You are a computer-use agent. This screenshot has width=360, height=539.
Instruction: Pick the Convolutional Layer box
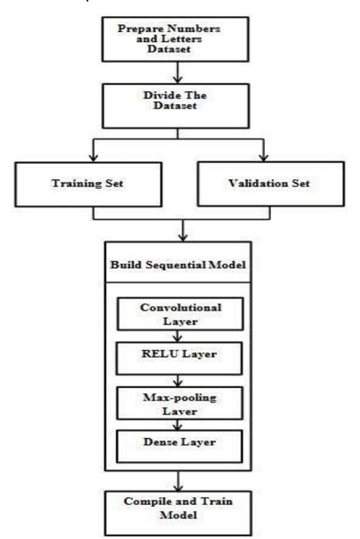click(180, 314)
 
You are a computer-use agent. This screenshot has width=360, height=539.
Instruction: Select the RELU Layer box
click(180, 353)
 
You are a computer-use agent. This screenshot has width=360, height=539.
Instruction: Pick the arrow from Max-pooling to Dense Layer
click(180, 421)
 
